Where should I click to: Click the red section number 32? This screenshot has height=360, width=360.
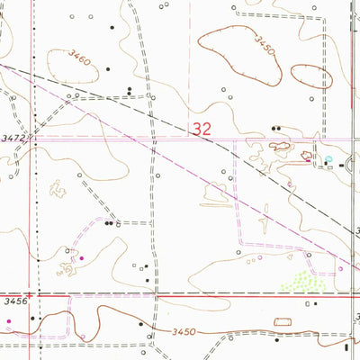point(201,130)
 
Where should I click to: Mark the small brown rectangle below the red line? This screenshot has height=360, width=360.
point(285,321)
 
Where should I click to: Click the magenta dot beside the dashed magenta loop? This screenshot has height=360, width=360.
point(83,258)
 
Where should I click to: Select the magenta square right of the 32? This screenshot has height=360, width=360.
point(308,159)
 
